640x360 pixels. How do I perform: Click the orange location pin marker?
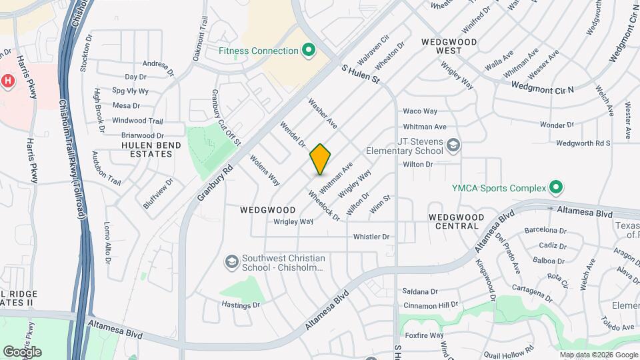(x=320, y=159)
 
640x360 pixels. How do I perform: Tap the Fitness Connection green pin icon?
(x=308, y=51)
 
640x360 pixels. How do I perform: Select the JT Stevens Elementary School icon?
(x=453, y=145)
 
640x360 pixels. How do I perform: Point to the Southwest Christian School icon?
(x=231, y=261)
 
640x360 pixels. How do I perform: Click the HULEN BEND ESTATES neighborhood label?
(x=147, y=149)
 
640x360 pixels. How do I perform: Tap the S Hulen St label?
(x=360, y=74)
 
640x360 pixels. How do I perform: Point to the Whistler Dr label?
(x=371, y=237)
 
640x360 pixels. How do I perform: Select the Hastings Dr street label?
(x=241, y=305)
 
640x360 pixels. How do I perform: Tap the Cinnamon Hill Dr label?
(x=431, y=305)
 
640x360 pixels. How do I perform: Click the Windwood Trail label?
(x=137, y=121)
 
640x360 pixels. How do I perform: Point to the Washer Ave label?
(x=323, y=114)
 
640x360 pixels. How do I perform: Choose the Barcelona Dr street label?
(x=545, y=231)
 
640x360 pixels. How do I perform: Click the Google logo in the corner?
(x=22, y=351)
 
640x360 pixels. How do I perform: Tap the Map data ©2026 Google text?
(x=599, y=355)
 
